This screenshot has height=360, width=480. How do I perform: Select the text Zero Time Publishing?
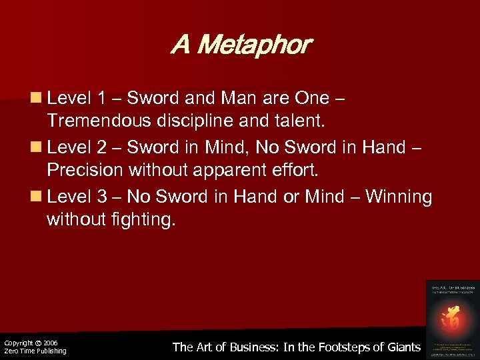[35, 351]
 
